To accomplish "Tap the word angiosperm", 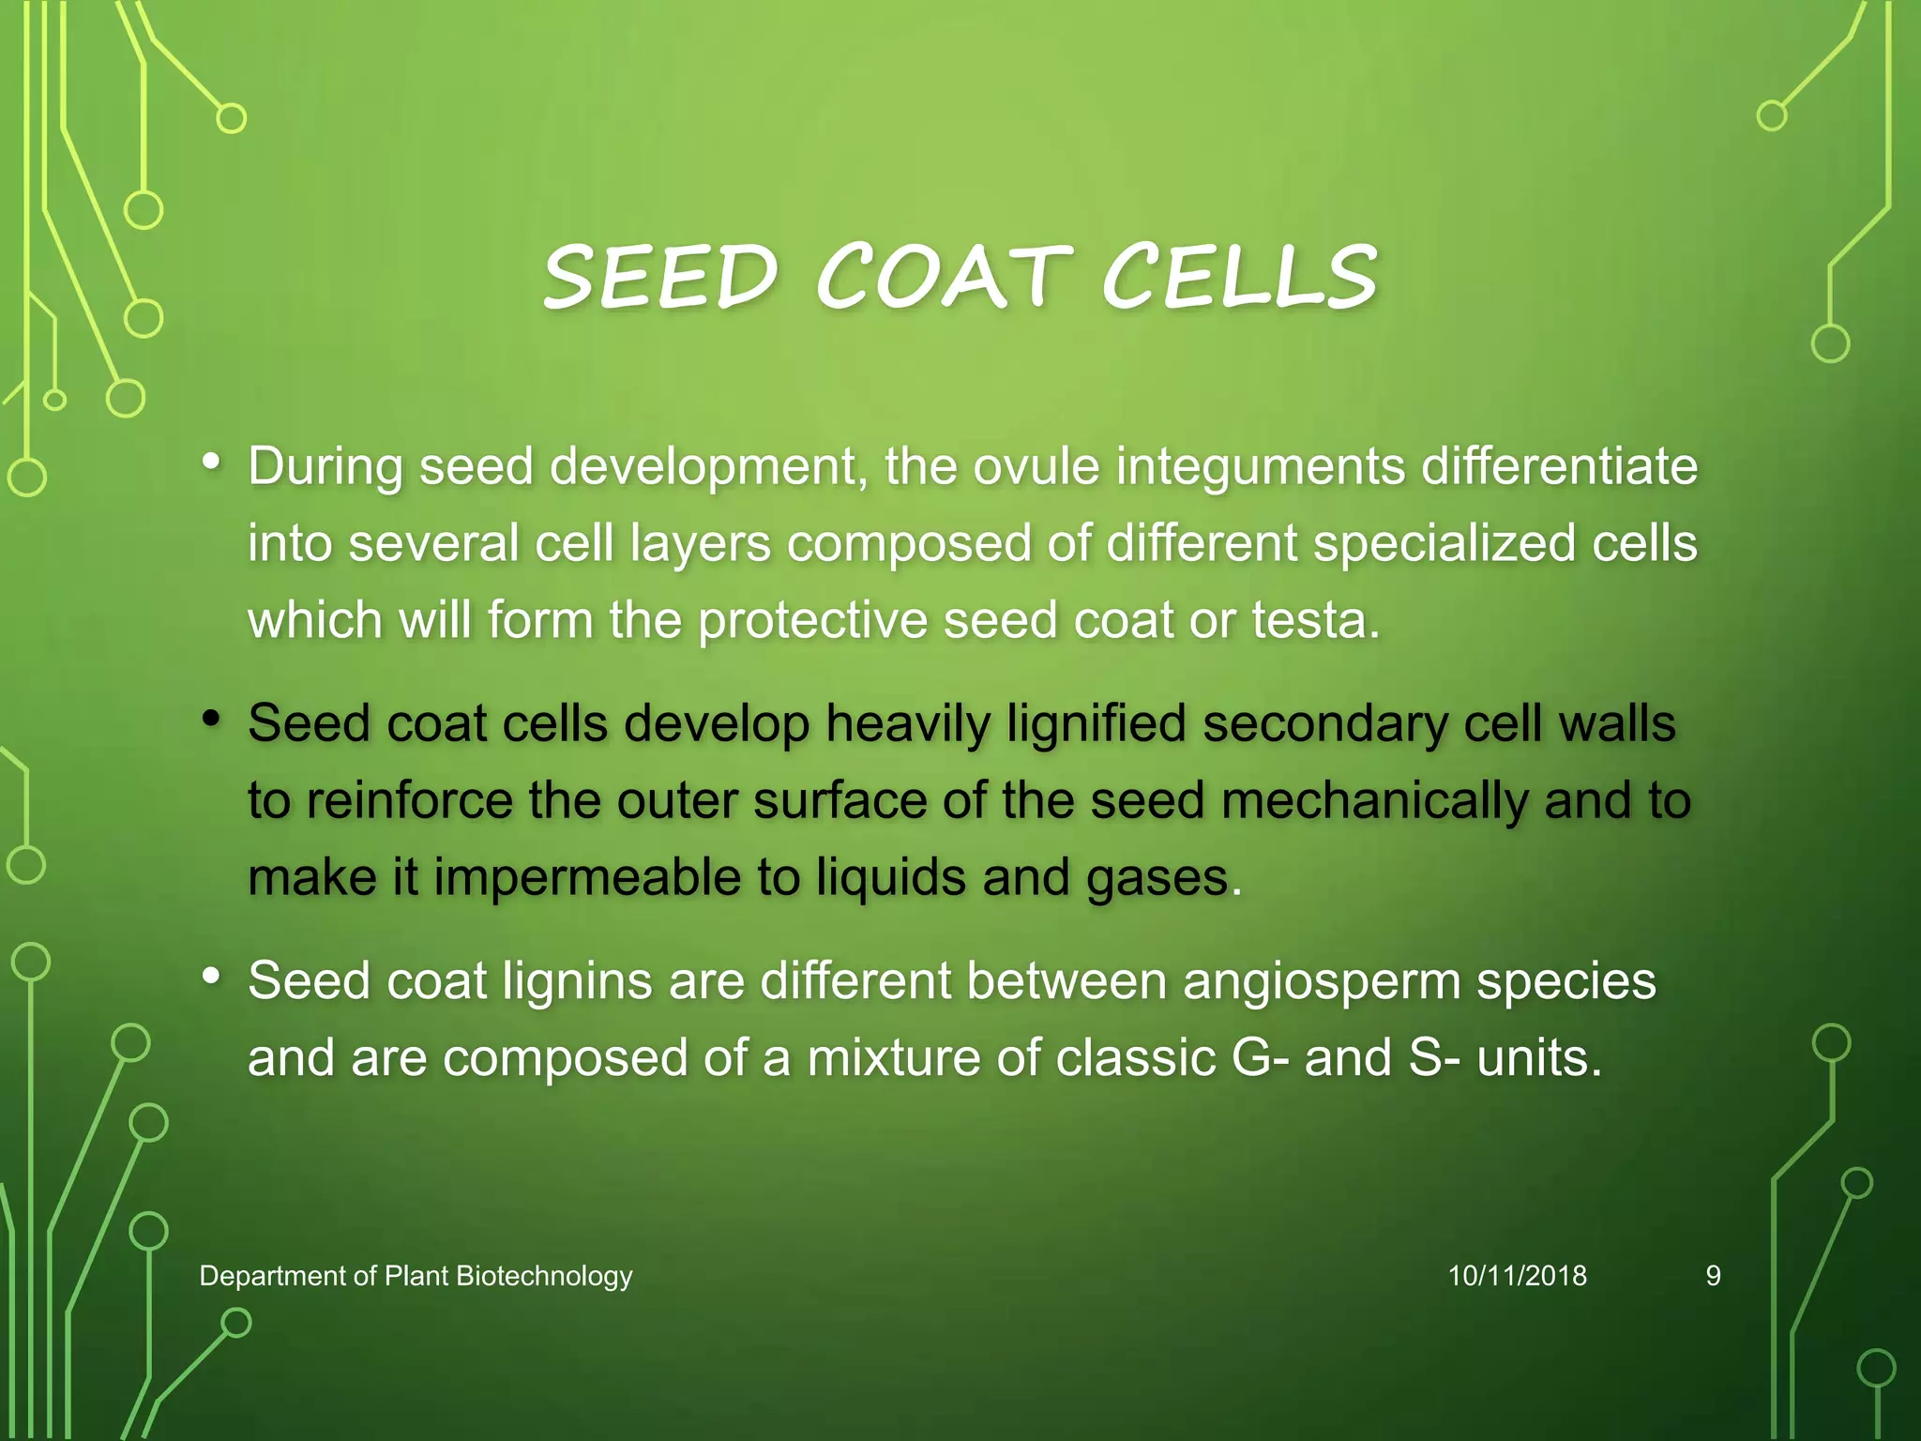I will (x=1321, y=981).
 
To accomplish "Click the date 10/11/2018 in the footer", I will (x=1517, y=1276).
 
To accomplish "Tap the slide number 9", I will (x=1713, y=1276).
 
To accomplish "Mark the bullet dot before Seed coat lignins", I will (x=212, y=977).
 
